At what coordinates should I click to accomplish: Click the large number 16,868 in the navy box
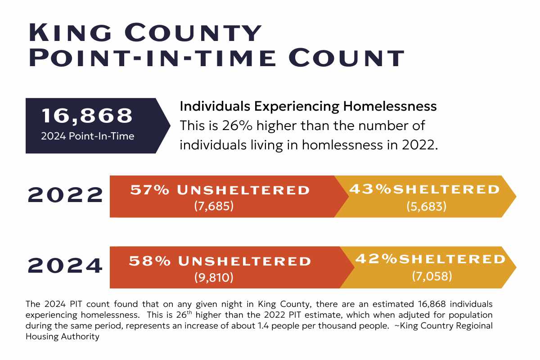pos(87,116)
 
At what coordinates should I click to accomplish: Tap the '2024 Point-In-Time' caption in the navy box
pos(87,136)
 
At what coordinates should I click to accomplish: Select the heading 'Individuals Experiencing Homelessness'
pos(308,106)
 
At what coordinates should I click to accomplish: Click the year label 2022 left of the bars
pos(66,195)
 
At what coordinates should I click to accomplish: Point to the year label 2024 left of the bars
pos(66,266)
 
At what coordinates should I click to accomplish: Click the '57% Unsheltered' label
pos(220,190)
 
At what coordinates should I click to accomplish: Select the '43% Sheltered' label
pos(425,189)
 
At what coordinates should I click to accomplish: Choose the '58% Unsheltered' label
pos(220,261)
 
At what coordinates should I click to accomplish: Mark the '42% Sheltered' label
pos(431,259)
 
